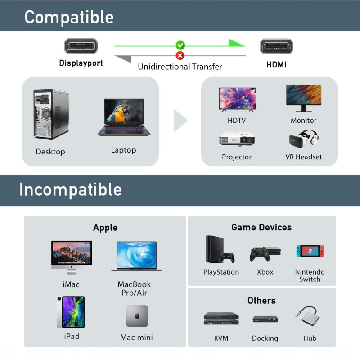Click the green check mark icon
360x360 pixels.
click(x=180, y=45)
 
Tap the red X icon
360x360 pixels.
click(x=180, y=55)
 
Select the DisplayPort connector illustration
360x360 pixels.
click(x=81, y=46)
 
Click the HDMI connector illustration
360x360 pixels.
click(x=276, y=46)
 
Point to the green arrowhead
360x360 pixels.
click(x=236, y=43)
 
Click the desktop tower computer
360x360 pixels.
click(x=51, y=114)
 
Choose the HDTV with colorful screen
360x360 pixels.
click(x=238, y=99)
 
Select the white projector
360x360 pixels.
click(x=237, y=139)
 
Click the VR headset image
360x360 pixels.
click(x=303, y=139)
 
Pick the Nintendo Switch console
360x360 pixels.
click(x=310, y=251)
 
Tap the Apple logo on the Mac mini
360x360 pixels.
click(x=137, y=316)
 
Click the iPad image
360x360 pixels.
click(x=71, y=312)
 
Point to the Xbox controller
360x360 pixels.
click(x=260, y=254)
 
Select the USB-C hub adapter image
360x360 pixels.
click(x=307, y=316)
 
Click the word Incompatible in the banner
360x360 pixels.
click(x=71, y=189)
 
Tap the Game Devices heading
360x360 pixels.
click(x=261, y=227)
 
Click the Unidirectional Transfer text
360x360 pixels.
click(x=180, y=67)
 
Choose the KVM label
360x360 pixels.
click(x=221, y=338)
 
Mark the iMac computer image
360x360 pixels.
click(x=72, y=257)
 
